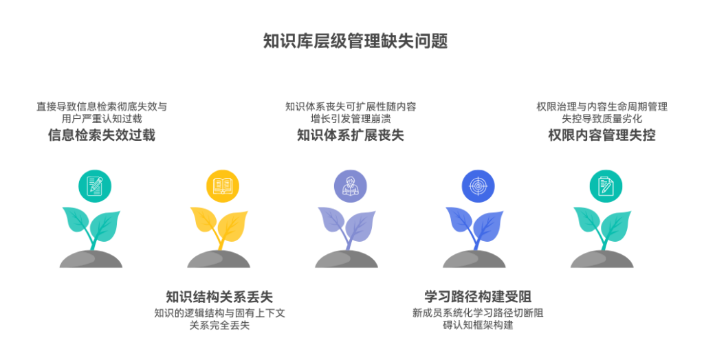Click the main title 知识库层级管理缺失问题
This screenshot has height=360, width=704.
pos(355,41)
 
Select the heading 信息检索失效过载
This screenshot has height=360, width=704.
pos(102,135)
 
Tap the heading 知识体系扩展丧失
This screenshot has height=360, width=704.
pos(351,135)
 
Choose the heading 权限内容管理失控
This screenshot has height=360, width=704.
pos(602,135)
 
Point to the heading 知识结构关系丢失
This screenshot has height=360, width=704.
pos(219,297)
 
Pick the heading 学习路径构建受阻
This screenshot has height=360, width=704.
pos(478,297)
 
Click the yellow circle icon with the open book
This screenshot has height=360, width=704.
pos(223,185)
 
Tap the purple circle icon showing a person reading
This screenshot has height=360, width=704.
pos(351,185)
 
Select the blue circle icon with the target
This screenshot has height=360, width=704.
pos(478,185)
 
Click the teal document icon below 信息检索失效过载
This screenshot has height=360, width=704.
pos(95,185)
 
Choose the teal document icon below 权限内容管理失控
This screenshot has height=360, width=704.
pos(606,185)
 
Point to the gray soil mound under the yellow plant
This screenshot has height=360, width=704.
pos(219,259)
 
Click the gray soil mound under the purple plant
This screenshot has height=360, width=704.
pos(346,259)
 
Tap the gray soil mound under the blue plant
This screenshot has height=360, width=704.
pos(474,259)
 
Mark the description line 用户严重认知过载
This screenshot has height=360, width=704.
pos(102,118)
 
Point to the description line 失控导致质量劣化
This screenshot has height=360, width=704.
pos(602,118)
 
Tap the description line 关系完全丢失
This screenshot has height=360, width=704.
pos(219,325)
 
